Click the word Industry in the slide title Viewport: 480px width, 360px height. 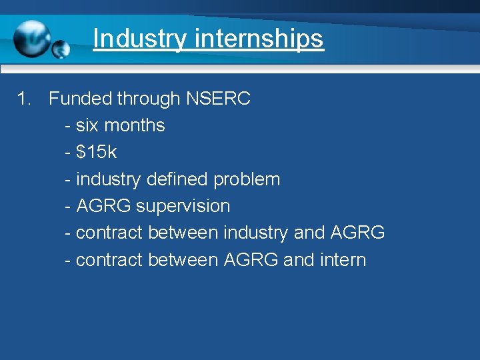tap(140, 38)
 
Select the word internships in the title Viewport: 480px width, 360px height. tap(259, 38)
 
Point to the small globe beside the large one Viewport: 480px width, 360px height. tap(61, 49)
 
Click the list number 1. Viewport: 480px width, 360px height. tap(23, 99)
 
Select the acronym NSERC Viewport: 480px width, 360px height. tap(218, 99)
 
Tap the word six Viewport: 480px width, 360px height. tap(88, 125)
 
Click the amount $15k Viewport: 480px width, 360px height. tap(97, 152)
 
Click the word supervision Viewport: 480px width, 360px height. tap(183, 206)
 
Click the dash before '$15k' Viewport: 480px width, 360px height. tap(68, 153)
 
